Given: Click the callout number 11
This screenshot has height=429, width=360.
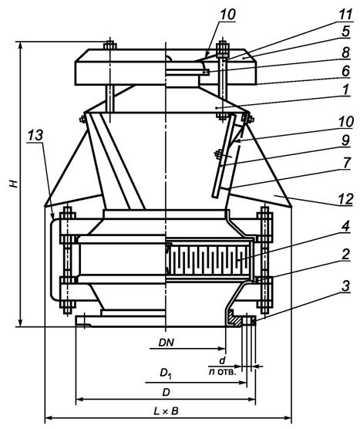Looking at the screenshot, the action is (x=345, y=14).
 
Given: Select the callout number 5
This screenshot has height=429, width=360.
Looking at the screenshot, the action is (x=346, y=31).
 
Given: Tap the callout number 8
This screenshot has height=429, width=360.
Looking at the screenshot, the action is (x=346, y=52).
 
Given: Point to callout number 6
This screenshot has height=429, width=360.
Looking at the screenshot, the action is (x=346, y=71).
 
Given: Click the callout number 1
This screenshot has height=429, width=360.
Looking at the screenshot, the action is (x=346, y=90).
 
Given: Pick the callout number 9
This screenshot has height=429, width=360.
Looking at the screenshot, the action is (x=346, y=140).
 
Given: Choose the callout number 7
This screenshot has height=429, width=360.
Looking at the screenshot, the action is (x=346, y=163).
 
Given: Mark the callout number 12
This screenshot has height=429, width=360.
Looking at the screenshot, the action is (x=346, y=199).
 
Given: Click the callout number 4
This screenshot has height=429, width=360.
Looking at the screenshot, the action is (x=346, y=226).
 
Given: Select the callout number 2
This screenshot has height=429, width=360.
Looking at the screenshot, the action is (x=346, y=254).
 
